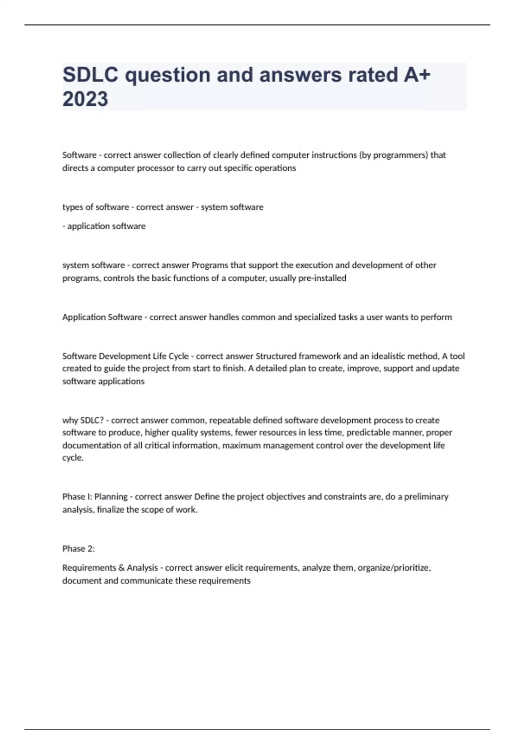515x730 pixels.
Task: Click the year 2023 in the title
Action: tap(85, 99)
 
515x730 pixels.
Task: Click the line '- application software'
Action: tap(104, 226)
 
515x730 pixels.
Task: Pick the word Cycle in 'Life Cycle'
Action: tap(177, 356)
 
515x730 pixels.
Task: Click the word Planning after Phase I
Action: tap(111, 497)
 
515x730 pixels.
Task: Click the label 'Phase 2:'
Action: tap(79, 548)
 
